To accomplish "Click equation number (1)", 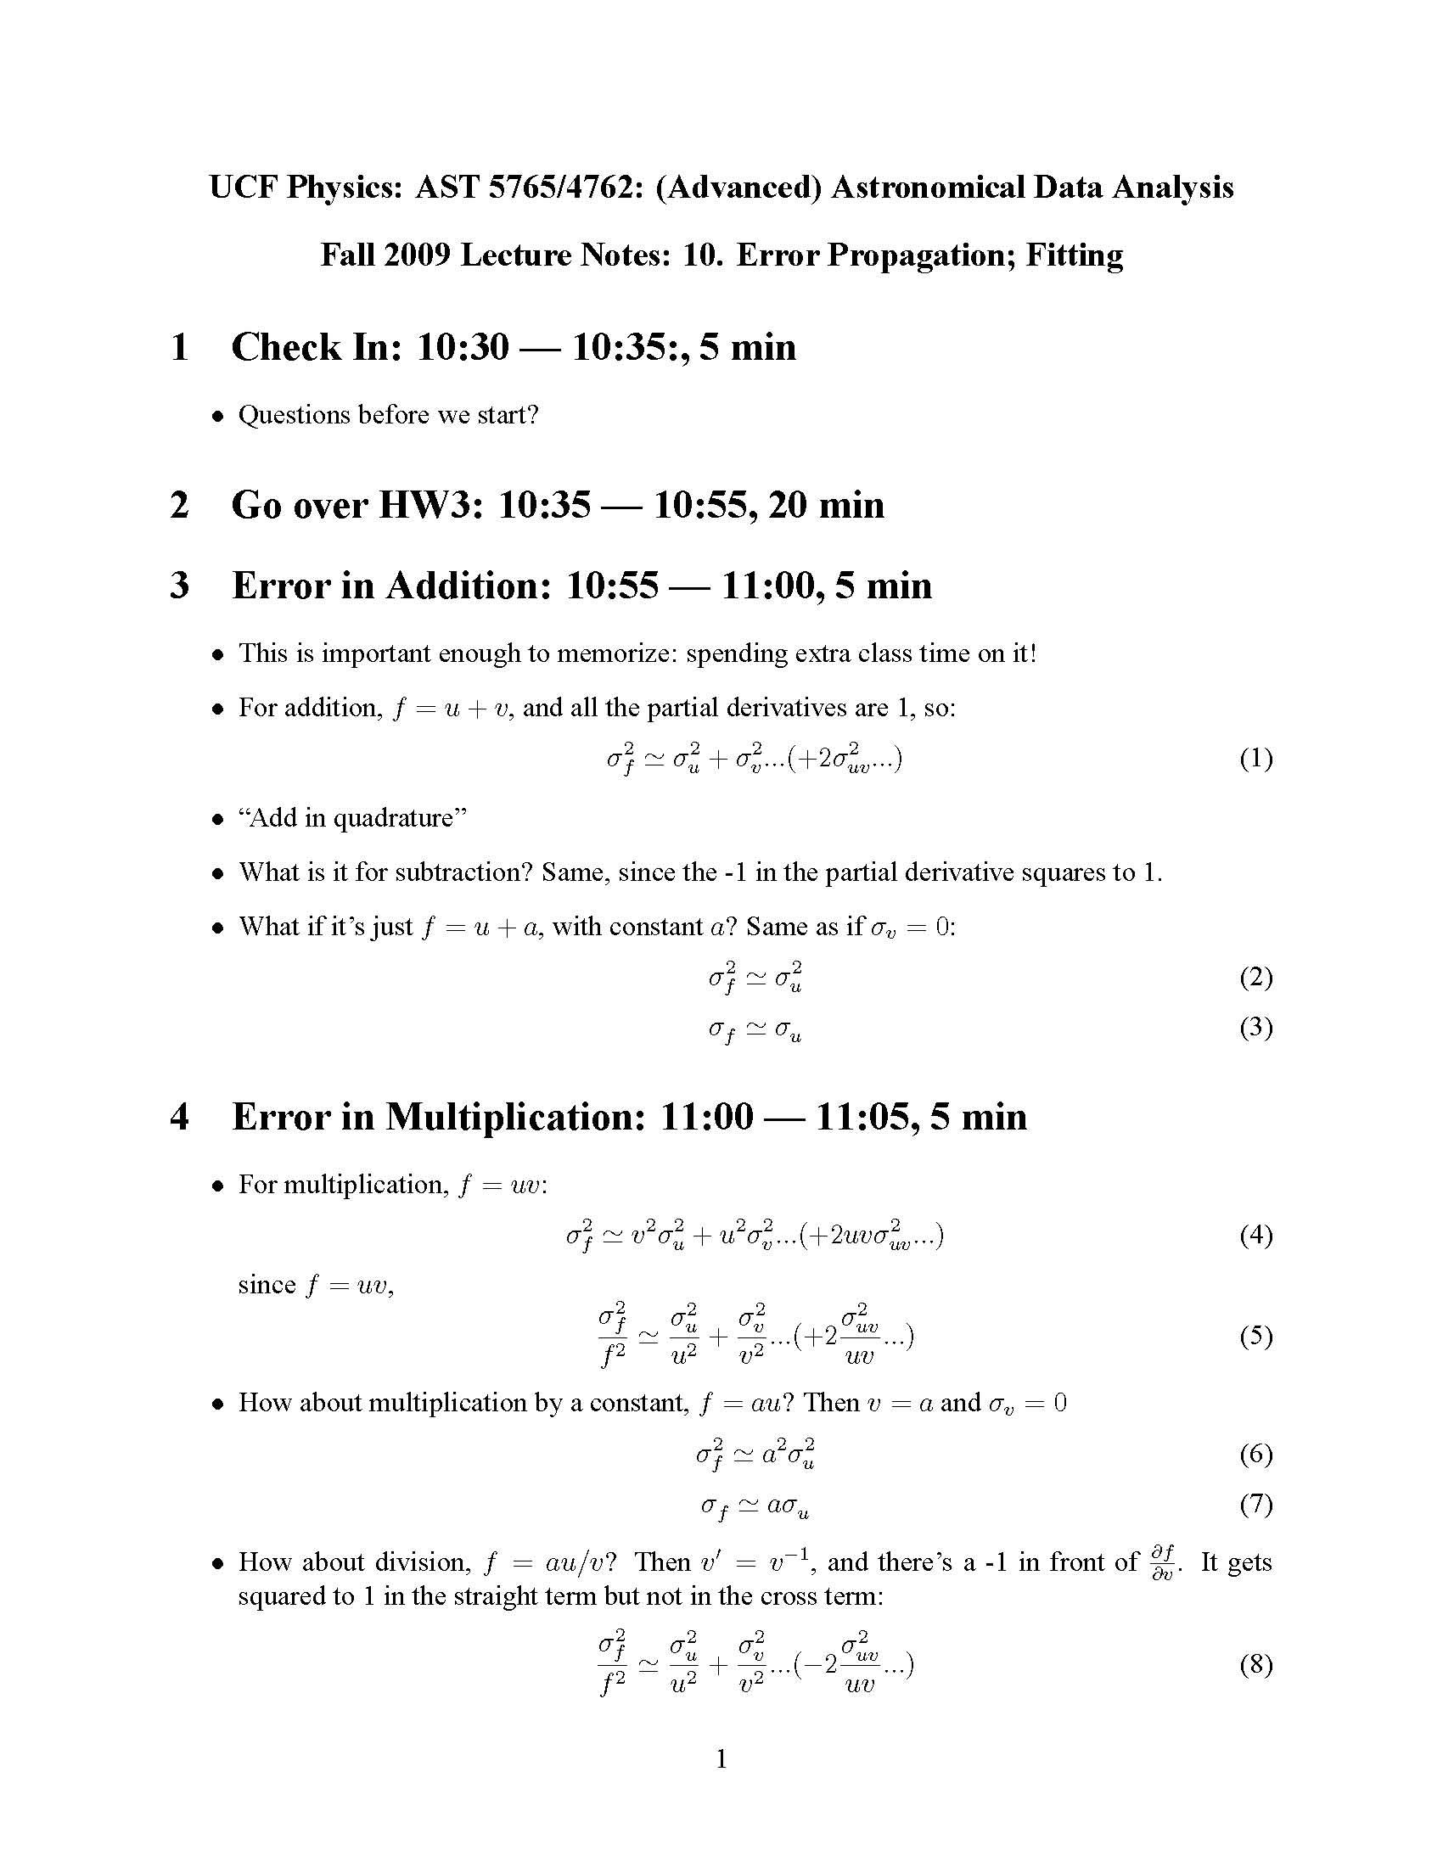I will tap(1255, 758).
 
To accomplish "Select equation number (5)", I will tap(1255, 1335).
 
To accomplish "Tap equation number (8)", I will tap(1255, 1663).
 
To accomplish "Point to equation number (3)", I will tap(1255, 1027).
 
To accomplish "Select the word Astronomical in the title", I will tap(928, 187).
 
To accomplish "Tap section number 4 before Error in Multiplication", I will tap(178, 1117).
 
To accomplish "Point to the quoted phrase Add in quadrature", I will tap(353, 818).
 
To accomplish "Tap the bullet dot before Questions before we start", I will tap(219, 417).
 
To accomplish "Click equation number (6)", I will tap(1255, 1453).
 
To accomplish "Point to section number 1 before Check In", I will tap(178, 347).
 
